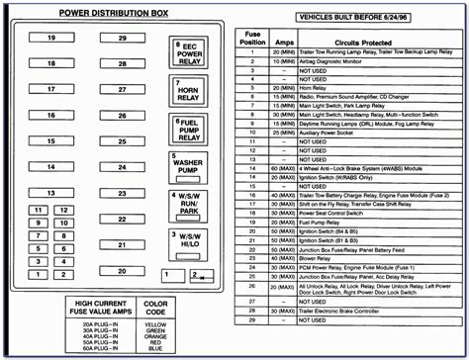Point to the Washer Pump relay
click(x=186, y=164)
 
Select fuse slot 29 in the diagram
click(x=121, y=38)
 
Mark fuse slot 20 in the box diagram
click(x=121, y=270)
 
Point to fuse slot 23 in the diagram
click(x=121, y=191)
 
